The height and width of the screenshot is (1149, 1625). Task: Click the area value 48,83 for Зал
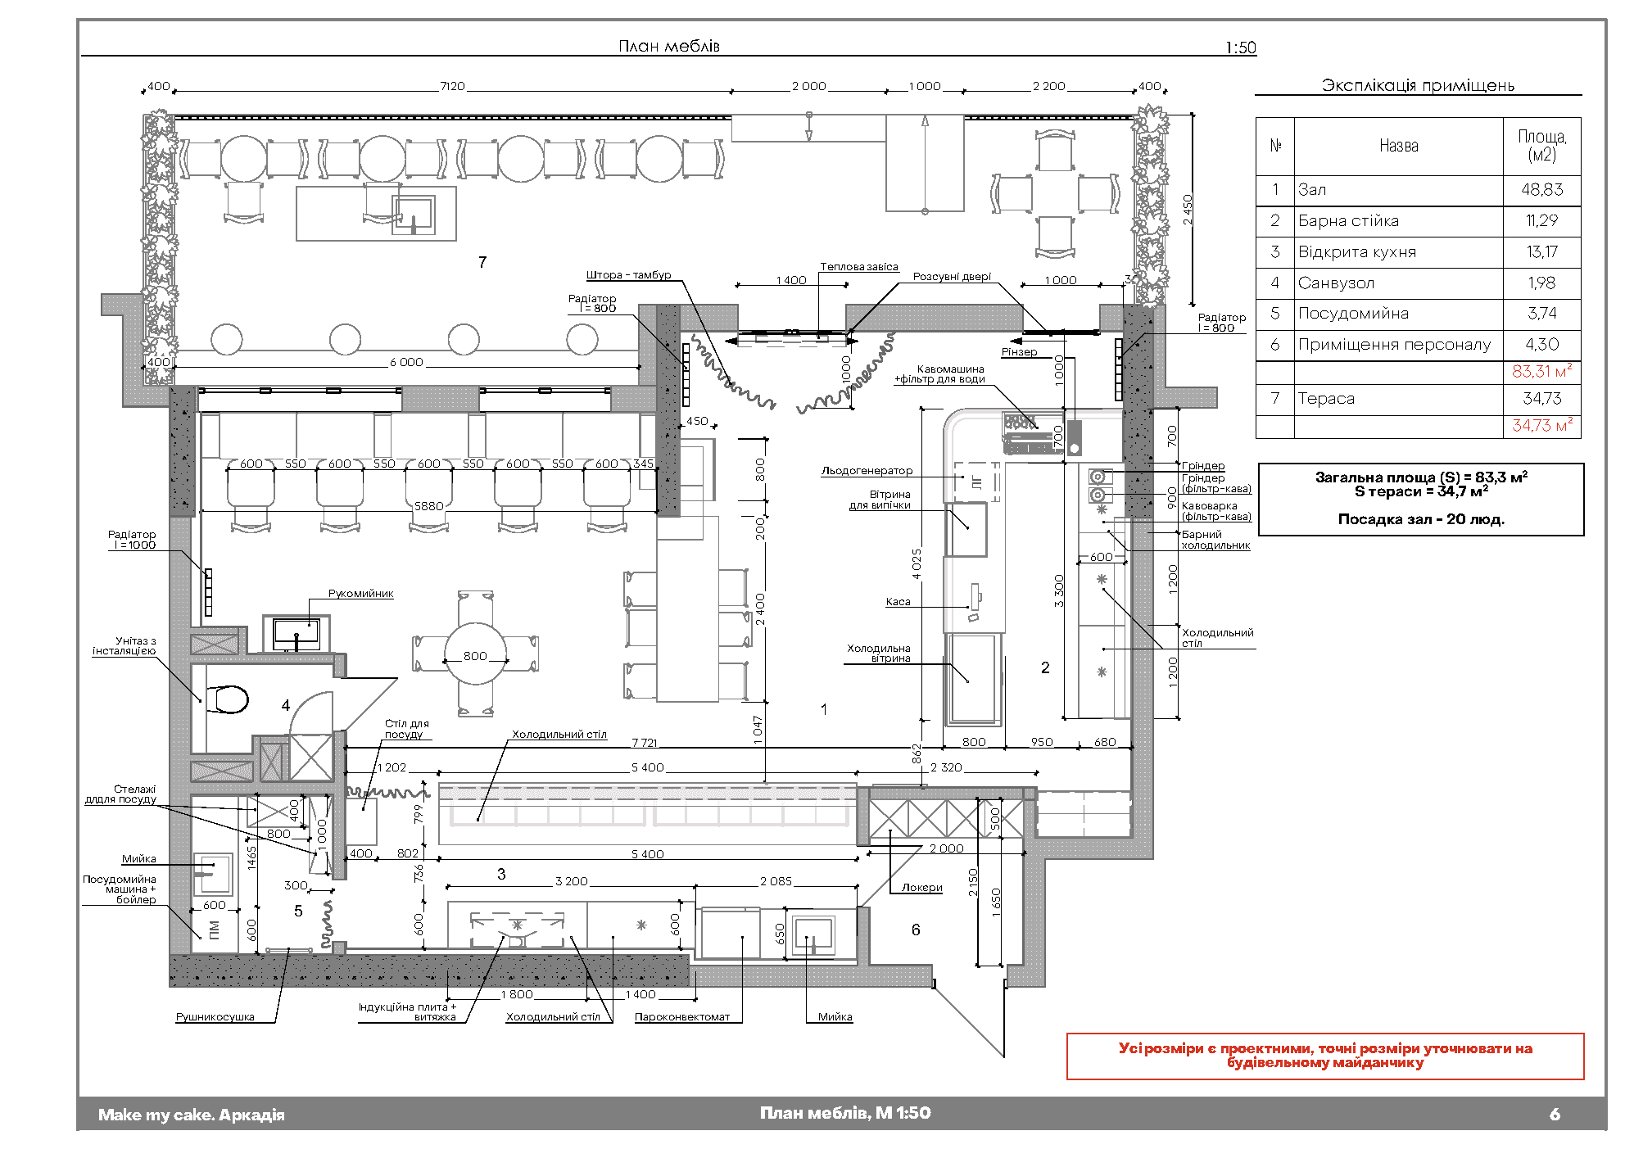tap(1541, 190)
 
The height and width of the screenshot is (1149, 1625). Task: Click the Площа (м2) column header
tap(1541, 146)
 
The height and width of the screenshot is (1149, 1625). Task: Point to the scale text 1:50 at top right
tap(1240, 47)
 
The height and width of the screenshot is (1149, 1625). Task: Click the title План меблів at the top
tap(669, 46)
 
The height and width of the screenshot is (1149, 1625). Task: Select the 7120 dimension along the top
tap(452, 86)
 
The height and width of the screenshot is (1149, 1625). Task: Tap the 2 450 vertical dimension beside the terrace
tap(1187, 210)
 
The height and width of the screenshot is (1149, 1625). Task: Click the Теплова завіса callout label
tap(859, 267)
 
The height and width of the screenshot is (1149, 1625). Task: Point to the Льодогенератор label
tap(867, 471)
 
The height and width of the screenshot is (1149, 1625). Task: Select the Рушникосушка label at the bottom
tap(215, 1017)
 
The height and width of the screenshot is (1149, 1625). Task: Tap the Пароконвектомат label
tap(682, 1017)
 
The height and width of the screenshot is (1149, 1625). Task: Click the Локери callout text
tap(921, 888)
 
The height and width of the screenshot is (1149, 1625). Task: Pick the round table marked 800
tap(475, 654)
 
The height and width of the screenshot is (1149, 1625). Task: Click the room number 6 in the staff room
tap(916, 930)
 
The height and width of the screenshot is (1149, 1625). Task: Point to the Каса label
tap(898, 602)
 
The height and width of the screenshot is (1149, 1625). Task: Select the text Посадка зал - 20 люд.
tap(1421, 519)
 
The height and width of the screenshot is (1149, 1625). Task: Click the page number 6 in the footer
tap(1555, 1114)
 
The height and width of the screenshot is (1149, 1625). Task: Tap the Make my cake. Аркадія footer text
tap(192, 1115)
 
